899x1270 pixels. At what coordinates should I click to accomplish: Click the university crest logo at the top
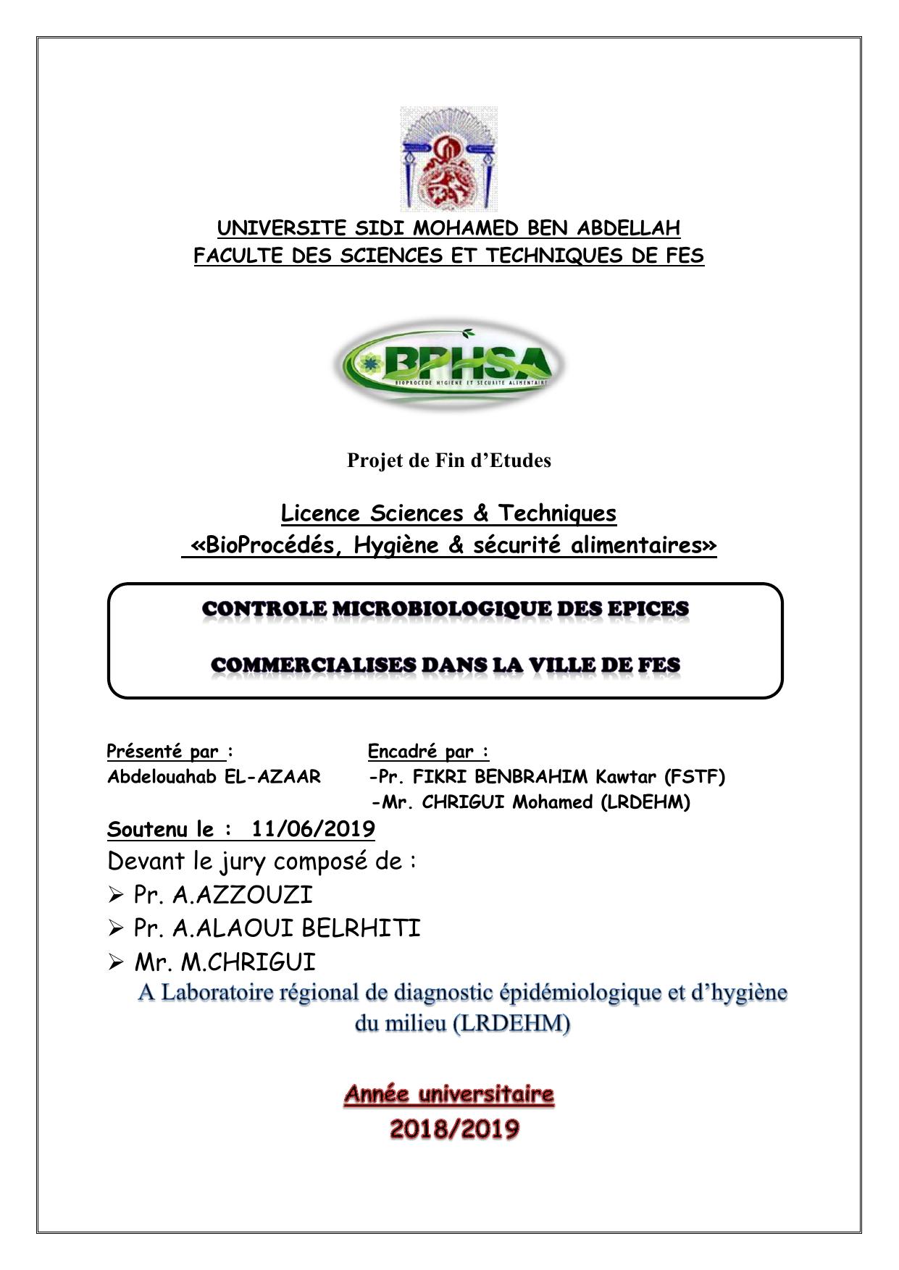(448, 159)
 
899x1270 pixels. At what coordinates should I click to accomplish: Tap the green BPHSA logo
(448, 365)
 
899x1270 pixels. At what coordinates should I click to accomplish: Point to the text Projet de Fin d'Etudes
(448, 461)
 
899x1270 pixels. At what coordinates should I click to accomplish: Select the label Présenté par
(163, 752)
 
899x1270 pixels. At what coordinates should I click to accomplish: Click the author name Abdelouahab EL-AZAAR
(214, 777)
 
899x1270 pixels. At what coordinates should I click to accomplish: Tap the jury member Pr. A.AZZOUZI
(223, 895)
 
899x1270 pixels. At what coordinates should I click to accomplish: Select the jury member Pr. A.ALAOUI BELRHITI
(277, 928)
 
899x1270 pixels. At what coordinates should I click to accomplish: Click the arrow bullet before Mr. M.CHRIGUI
(115, 963)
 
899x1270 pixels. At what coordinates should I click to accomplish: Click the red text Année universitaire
(448, 1094)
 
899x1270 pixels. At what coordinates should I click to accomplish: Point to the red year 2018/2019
(454, 1129)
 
